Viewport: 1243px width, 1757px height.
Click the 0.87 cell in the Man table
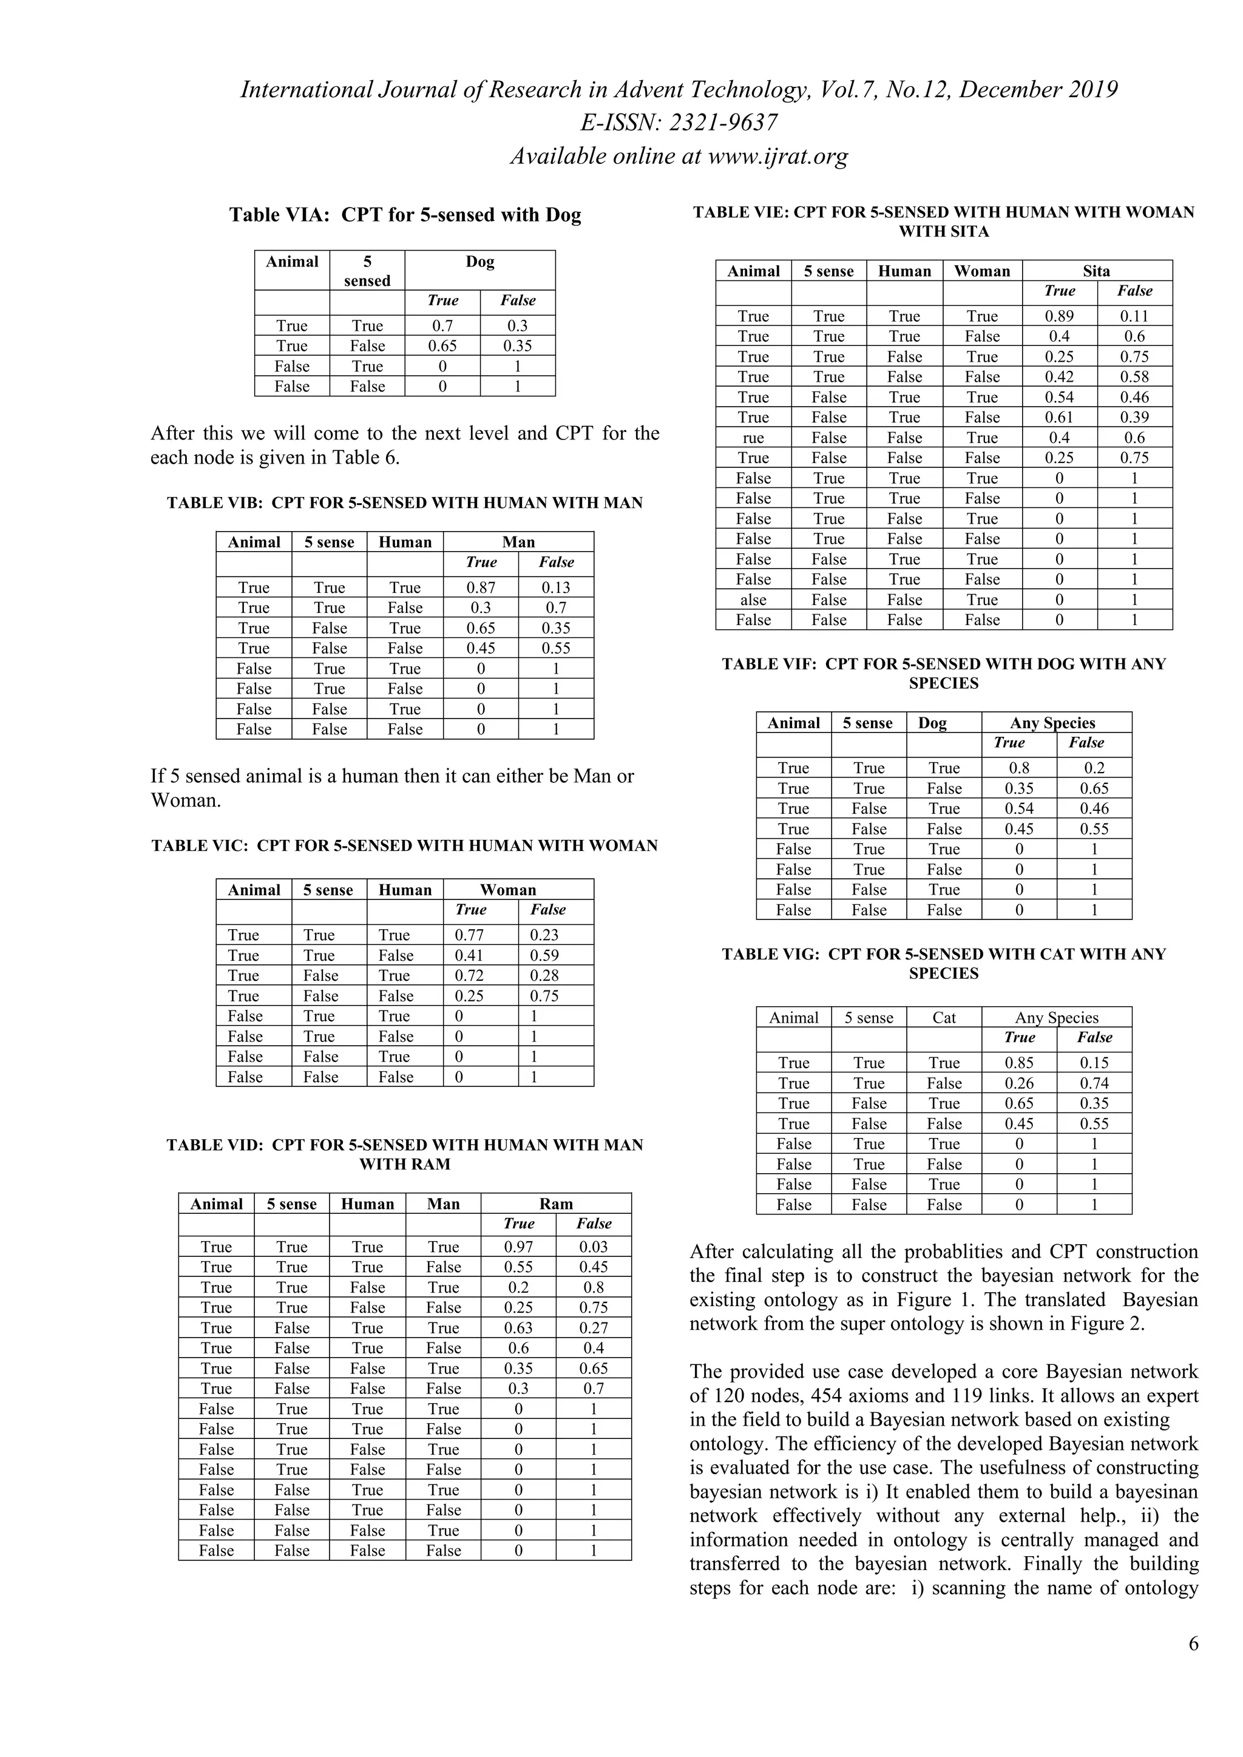481,587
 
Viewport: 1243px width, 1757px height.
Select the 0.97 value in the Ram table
518,1247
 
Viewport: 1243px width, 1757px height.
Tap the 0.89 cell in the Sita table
1059,316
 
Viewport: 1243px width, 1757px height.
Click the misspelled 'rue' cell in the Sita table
753,438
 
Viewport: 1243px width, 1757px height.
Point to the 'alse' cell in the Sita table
753,600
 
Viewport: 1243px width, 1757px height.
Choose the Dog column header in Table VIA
480,262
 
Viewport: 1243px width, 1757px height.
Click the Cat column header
944,1018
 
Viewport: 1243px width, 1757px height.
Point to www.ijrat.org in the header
777,156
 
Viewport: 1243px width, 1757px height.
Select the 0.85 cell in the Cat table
1019,1063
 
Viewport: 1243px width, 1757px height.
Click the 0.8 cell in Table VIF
1019,768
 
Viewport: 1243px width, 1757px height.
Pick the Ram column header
556,1203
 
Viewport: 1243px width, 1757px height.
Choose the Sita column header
1096,271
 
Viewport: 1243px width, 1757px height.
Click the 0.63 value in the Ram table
518,1328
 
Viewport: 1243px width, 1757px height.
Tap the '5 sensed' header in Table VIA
367,271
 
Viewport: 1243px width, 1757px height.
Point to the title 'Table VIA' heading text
405,215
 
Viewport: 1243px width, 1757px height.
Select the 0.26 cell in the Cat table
1019,1083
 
